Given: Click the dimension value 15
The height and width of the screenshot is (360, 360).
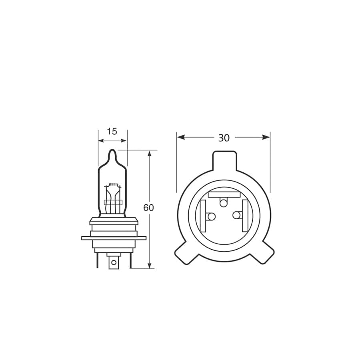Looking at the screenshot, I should [x=112, y=131].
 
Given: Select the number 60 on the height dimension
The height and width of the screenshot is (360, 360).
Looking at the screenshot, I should [x=148, y=208].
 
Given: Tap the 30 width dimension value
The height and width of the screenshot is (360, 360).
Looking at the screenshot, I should [x=224, y=138].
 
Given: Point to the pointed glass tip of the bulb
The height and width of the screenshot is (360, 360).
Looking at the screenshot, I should [x=112, y=152].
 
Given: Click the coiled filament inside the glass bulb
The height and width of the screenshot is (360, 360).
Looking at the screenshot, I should [x=114, y=184].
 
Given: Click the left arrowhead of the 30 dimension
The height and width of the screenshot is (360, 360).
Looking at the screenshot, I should [x=180, y=137].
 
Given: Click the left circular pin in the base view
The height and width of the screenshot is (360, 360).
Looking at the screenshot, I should [x=211, y=216].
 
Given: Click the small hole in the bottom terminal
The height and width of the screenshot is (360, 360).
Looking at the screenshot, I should [x=114, y=262].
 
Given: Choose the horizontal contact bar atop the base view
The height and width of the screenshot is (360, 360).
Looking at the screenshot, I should [x=224, y=194].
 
